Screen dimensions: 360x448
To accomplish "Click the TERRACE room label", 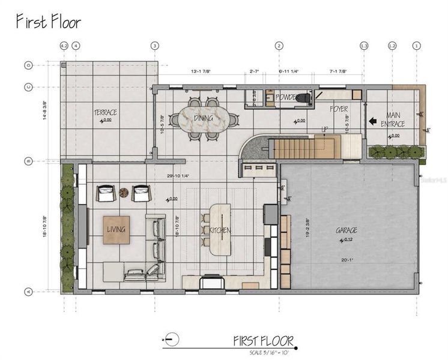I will click(x=105, y=112).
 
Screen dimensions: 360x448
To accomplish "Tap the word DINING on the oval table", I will click(x=204, y=118).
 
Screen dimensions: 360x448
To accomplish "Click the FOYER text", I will click(x=339, y=109).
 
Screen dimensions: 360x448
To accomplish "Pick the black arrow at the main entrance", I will click(x=372, y=121).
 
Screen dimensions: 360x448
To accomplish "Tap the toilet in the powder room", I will click(x=303, y=98).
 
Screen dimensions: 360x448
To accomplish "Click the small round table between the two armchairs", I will click(x=124, y=193).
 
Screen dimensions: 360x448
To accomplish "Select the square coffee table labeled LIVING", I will click(x=116, y=230).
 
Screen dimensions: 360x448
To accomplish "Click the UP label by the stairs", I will click(x=325, y=130).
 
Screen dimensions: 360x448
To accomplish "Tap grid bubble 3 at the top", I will click(x=155, y=46).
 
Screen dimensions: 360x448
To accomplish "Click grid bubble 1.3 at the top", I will click(x=363, y=46).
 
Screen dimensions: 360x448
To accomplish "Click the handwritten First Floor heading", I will click(x=48, y=22).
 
